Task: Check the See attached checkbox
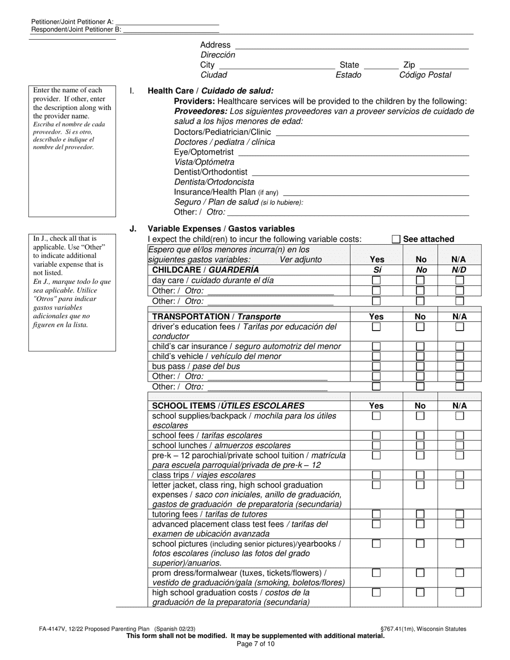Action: point(396,239)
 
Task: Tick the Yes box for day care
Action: point(376,281)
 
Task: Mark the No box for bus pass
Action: point(420,366)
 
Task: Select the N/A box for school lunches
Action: point(460,445)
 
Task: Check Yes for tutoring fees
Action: point(376,514)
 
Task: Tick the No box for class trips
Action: point(420,475)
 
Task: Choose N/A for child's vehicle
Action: point(460,356)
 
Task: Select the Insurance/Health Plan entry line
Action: point(375,195)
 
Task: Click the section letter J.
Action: point(133,229)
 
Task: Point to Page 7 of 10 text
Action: point(255,644)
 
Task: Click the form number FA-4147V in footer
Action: point(52,629)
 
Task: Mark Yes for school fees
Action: point(376,436)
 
